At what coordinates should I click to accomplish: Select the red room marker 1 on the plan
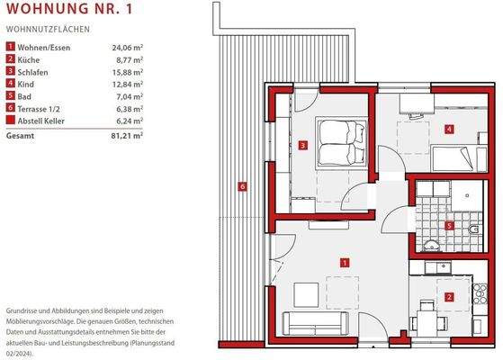(345, 262)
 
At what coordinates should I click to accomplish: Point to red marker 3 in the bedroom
(304, 145)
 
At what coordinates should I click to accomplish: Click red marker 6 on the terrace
(241, 186)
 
